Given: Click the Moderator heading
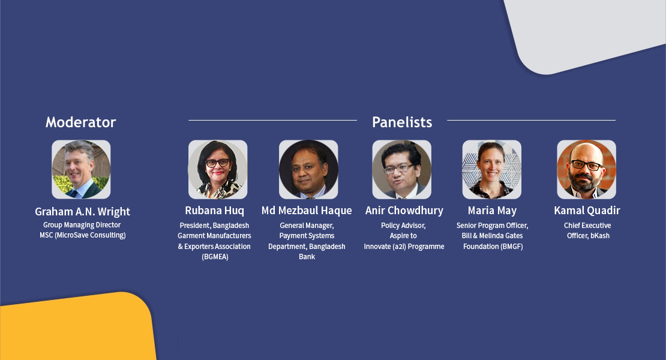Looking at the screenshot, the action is (81, 122).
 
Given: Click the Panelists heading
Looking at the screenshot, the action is (402, 122).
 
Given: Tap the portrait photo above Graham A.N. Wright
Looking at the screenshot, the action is (81, 169).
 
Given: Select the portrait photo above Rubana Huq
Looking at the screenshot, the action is (218, 169).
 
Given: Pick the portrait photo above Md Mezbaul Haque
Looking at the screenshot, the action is (308, 169).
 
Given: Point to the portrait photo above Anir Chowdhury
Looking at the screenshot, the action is (402, 169).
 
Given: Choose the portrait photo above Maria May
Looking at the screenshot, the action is (492, 169).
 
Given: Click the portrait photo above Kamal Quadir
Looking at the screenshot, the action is (587, 169).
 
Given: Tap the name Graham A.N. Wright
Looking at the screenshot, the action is (82, 211).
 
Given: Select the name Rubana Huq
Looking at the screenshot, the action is (214, 211).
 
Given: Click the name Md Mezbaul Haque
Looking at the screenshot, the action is (307, 211).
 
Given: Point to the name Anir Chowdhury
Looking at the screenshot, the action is (404, 211).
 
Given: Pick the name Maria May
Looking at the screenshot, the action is (492, 211).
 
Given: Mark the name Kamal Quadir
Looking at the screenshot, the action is (587, 211).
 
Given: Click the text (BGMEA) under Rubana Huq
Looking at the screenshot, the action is (215, 257).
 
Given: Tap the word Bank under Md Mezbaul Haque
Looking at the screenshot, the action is (307, 256).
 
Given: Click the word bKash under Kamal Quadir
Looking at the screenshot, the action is (600, 236).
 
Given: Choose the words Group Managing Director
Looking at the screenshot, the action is (82, 225).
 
